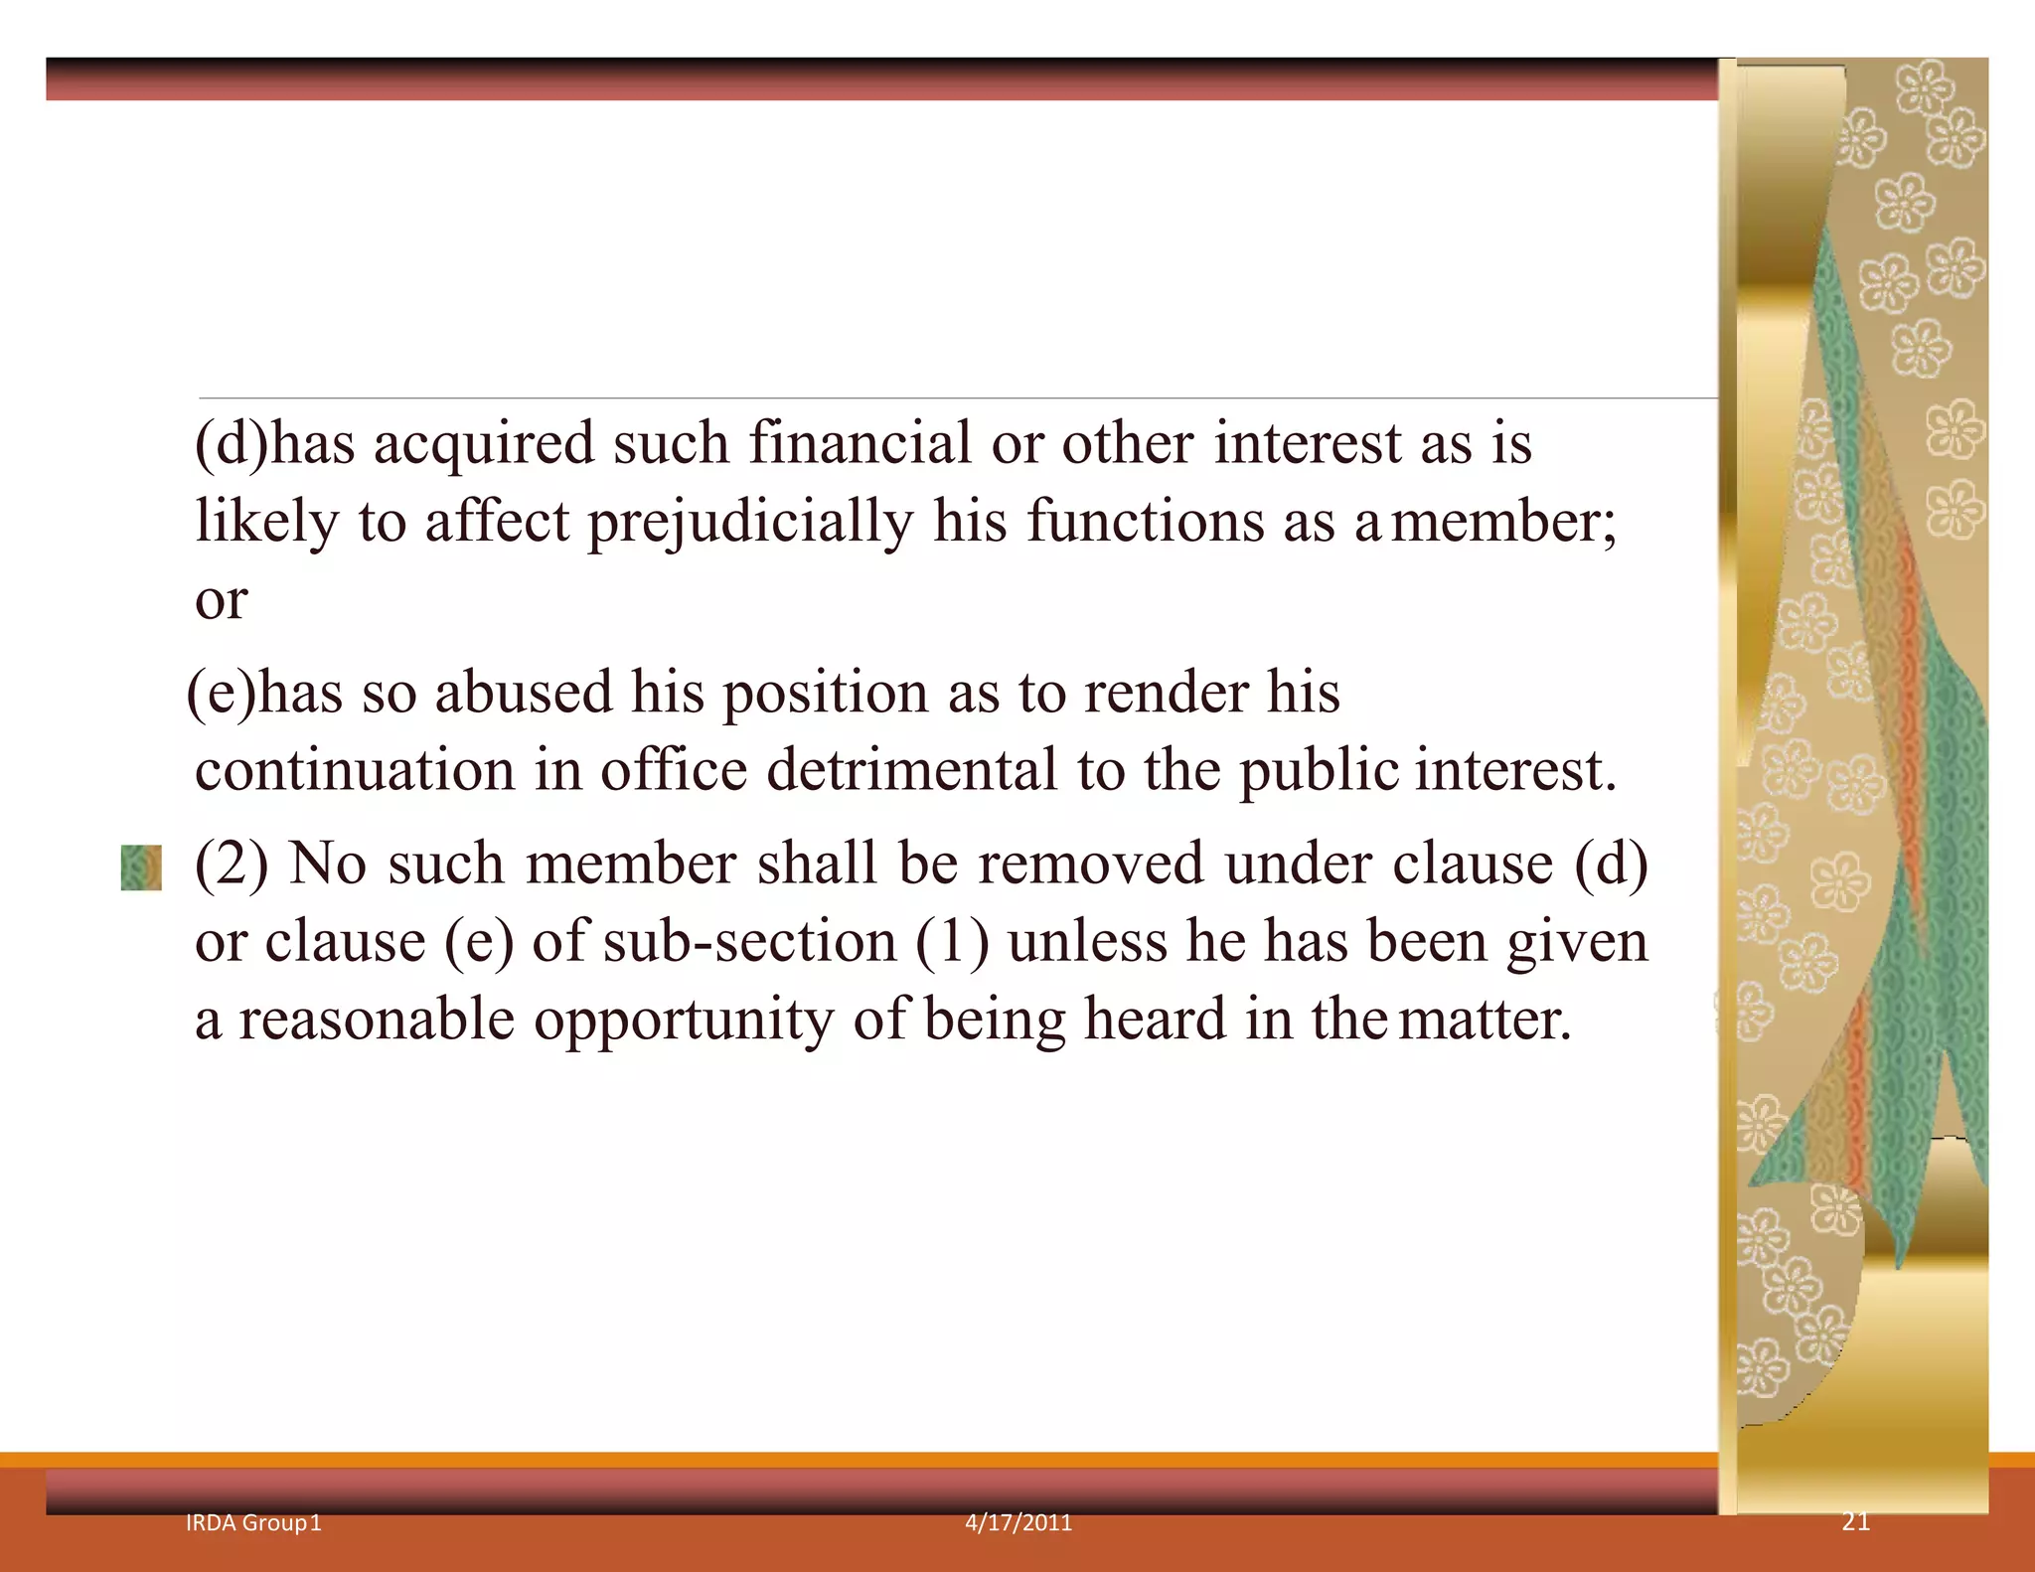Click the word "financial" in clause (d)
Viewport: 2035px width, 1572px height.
pos(860,443)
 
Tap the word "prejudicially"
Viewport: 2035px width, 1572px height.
pos(750,523)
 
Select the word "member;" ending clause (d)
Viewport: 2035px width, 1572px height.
pos(1503,523)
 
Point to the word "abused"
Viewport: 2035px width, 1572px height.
pos(524,693)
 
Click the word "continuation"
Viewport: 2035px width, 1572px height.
pos(355,771)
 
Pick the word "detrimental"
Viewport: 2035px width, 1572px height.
pos(912,771)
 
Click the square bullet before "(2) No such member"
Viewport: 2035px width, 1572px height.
pos(141,867)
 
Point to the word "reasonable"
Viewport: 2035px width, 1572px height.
pos(377,1021)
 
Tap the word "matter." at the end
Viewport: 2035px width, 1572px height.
pos(1485,1021)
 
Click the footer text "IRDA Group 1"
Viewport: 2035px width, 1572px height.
pos(253,1522)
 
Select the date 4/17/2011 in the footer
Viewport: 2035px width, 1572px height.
pos(1018,1522)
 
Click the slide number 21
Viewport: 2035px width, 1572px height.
pos(1855,1521)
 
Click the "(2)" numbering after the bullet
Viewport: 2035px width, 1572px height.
pos(232,864)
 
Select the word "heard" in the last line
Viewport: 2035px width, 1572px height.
pos(1155,1021)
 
